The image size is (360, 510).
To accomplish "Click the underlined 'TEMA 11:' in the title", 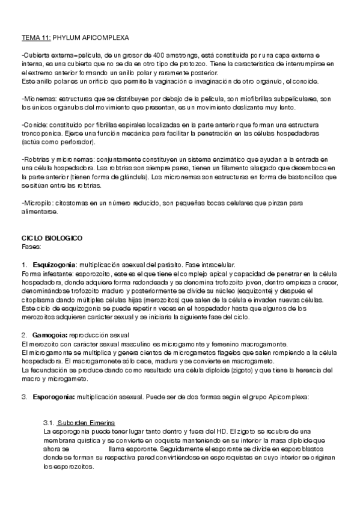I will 35,37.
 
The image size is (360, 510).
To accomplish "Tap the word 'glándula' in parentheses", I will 127,177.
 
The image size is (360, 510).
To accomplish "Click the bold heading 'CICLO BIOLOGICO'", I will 52,239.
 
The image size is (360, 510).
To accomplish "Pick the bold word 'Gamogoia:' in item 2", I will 51,334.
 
